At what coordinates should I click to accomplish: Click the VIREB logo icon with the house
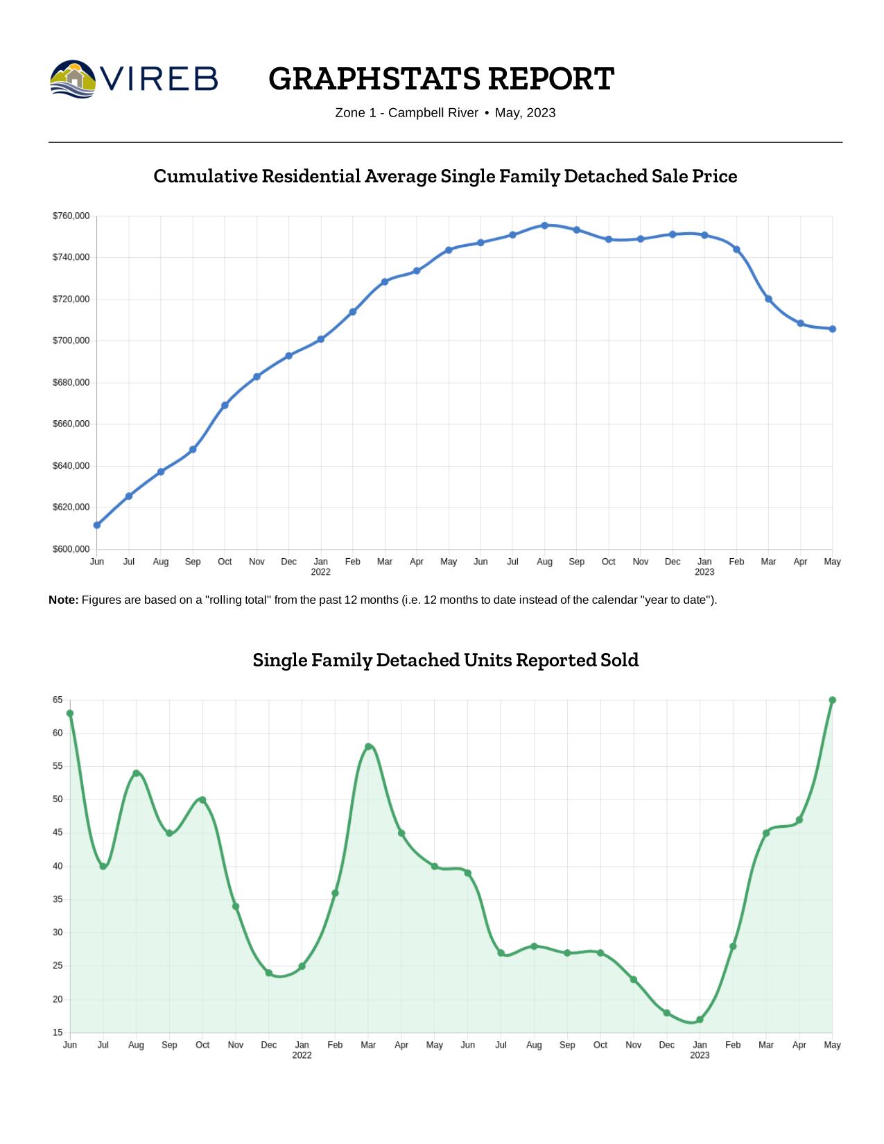(73, 78)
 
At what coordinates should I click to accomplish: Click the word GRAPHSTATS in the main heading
(375, 78)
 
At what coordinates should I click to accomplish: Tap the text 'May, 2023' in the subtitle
(525, 113)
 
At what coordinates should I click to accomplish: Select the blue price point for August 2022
(544, 225)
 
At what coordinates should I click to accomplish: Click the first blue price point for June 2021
(97, 525)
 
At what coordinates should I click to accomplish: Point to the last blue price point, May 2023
(832, 329)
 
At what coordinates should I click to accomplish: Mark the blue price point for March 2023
(768, 299)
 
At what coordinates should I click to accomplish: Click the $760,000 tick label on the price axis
(71, 216)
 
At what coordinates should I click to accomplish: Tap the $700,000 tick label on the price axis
(71, 340)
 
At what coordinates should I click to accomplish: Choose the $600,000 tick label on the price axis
(71, 549)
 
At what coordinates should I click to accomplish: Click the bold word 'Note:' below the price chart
(63, 600)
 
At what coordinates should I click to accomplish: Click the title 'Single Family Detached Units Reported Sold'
(445, 660)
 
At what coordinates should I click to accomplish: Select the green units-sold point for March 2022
(368, 747)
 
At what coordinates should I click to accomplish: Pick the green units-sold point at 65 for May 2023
(832, 700)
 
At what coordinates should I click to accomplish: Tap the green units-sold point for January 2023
(700, 1019)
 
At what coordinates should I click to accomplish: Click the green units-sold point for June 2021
(70, 713)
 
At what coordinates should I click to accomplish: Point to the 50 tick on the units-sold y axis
(58, 799)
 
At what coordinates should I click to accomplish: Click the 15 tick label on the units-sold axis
(58, 1032)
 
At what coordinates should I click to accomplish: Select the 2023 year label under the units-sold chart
(700, 1055)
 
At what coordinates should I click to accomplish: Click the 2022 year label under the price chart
(320, 572)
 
